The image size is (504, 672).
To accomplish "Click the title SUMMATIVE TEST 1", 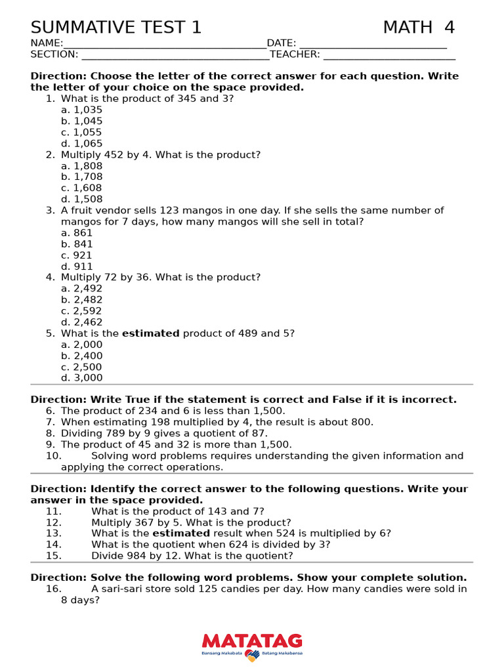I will (x=116, y=28).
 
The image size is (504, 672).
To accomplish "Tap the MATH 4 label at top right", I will (x=419, y=28).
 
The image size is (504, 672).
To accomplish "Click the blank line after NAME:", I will (x=165, y=43).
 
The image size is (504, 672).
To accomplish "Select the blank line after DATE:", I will (x=373, y=43).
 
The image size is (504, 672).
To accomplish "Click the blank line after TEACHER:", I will (x=389, y=54).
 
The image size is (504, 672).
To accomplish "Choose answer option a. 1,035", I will (x=82, y=110).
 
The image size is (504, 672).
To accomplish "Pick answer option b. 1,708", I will (x=82, y=177).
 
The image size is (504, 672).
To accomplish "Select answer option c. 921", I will (x=77, y=255).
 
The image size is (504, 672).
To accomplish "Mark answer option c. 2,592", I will (x=82, y=311).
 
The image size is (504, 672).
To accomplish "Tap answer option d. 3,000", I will (x=82, y=378).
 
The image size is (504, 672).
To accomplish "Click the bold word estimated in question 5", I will (x=150, y=333).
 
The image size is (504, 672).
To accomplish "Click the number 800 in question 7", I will (x=361, y=423).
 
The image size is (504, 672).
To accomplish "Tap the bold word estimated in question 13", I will (x=181, y=534).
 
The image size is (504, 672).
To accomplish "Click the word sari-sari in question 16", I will (x=122, y=589).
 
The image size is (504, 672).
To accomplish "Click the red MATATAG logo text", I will (x=252, y=641).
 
